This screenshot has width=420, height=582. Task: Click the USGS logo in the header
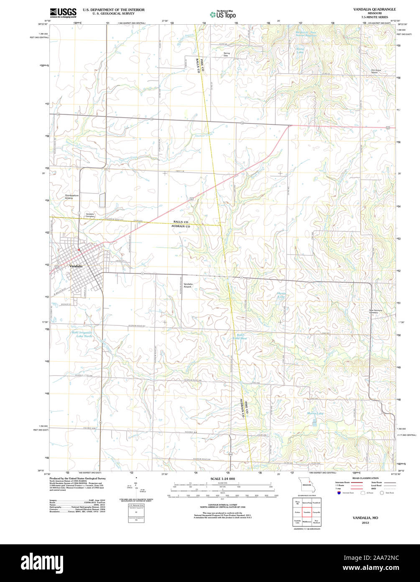coord(63,13)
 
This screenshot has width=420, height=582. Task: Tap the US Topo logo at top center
coord(223,14)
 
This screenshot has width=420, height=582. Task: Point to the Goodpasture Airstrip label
coord(71,197)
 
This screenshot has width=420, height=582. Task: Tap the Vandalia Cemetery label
coord(90,215)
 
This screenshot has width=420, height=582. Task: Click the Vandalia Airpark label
coord(188,286)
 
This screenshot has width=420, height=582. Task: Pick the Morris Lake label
coord(316,413)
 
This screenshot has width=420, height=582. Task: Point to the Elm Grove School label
coord(374,71)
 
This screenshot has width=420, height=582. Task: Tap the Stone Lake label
coord(300,50)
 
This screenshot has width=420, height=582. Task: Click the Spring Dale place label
coord(227,54)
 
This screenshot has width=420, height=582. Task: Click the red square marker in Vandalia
coord(79,250)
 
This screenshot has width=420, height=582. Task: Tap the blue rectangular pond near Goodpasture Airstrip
coord(102,200)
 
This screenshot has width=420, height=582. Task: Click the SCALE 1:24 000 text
coord(222,479)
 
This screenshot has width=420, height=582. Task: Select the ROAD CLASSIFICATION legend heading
coord(365,478)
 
